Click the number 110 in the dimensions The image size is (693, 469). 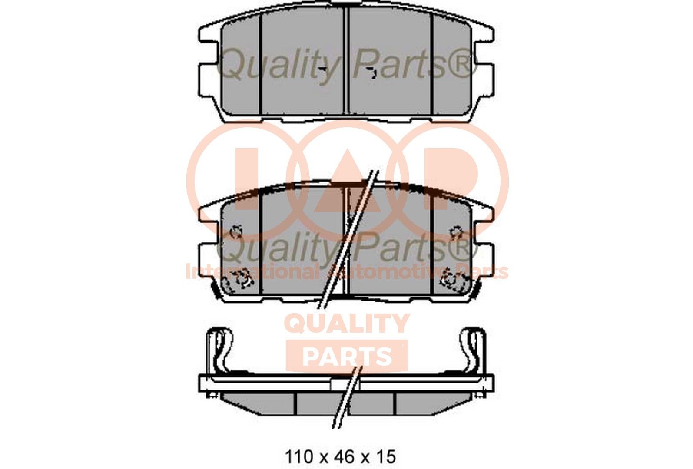pyautogui.click(x=299, y=456)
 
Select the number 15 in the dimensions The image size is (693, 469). pyautogui.click(x=384, y=456)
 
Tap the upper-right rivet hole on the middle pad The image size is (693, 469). pyautogui.click(x=456, y=231)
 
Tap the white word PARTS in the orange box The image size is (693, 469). pyautogui.click(x=346, y=356)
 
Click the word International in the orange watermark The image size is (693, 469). pyautogui.click(x=252, y=272)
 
